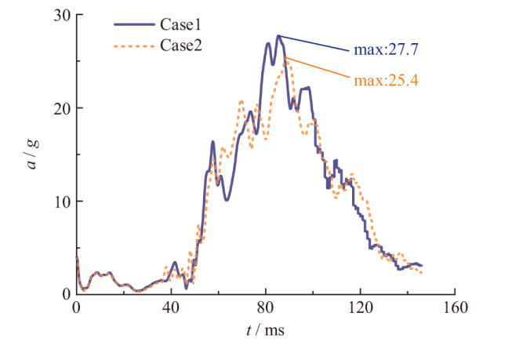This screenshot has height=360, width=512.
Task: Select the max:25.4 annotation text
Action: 385,79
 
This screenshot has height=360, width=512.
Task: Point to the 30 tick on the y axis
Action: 63,16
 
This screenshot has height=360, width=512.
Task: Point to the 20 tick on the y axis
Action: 63,108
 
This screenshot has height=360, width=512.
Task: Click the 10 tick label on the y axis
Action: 63,201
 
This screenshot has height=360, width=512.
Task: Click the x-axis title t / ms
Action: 264,330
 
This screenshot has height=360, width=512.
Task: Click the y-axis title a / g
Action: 34,154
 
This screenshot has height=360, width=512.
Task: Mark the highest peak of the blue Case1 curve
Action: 278,35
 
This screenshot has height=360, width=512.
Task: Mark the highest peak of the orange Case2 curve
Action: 285,58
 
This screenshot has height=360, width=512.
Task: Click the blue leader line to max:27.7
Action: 314,44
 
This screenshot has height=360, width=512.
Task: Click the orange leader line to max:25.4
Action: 318,67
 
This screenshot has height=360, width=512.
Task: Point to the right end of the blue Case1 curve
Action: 421,265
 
